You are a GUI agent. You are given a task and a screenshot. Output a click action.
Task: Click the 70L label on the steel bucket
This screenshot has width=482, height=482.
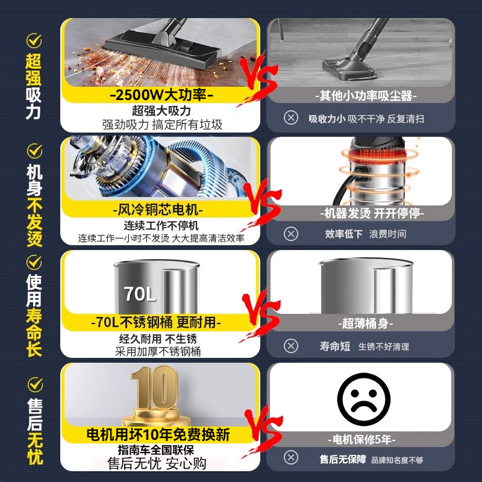pos(140,294)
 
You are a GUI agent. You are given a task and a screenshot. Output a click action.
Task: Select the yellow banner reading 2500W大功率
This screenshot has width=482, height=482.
pos(161,95)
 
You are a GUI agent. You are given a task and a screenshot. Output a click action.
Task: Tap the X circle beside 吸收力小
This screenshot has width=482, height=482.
pos(291,118)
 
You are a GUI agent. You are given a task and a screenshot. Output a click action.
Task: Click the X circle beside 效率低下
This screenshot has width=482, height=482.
pos(291,233)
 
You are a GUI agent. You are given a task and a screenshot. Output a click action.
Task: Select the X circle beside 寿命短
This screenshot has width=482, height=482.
pos(291,346)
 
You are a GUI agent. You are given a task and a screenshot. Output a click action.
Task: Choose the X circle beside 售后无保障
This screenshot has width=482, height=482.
pos(291,459)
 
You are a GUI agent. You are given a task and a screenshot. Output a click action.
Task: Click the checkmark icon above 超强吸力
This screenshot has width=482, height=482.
pos(34,40)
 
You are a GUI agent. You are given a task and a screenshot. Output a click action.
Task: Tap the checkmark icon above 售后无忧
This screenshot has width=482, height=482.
pos(34,383)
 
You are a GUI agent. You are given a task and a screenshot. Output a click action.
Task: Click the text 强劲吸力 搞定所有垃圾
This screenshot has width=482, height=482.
pos(162,125)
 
